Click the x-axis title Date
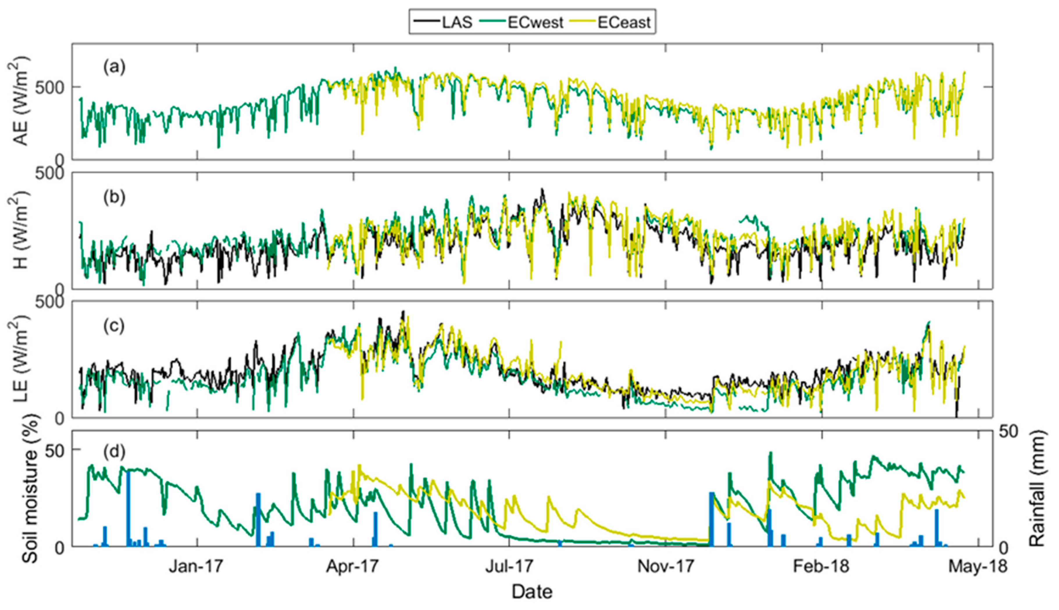531,592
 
